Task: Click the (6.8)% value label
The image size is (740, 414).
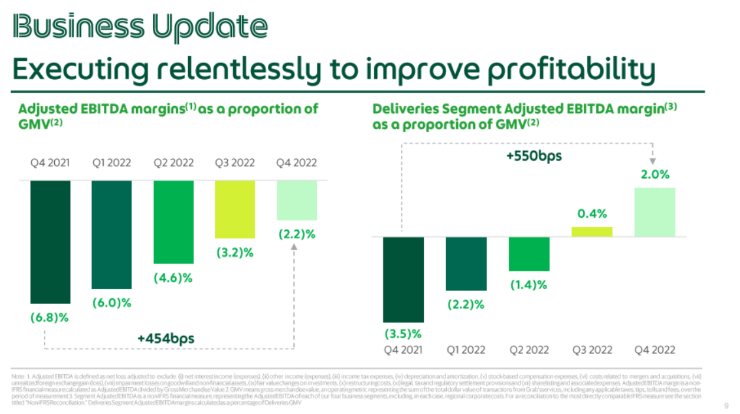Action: tap(49, 317)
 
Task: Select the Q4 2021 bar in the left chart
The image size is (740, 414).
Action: tap(50, 242)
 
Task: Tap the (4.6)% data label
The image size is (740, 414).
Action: tap(173, 278)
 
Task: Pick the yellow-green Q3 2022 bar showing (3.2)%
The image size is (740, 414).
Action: tap(234, 209)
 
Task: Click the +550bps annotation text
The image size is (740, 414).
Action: tap(534, 156)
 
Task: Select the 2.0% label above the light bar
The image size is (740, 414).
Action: tap(654, 175)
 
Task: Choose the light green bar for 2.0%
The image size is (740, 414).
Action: tap(654, 212)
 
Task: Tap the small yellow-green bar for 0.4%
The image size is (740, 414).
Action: tap(592, 232)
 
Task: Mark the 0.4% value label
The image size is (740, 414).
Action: tap(592, 213)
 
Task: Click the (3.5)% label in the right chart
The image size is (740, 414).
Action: tap(403, 334)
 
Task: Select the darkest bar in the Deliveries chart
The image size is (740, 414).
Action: tap(403, 279)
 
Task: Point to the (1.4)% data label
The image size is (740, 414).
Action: tap(528, 285)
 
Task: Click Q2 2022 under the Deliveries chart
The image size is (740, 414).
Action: tap(528, 350)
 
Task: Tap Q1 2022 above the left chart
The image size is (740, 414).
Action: tap(112, 163)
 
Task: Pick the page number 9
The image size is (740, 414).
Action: tap(727, 404)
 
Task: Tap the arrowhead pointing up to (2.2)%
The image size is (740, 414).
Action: tap(294, 247)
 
